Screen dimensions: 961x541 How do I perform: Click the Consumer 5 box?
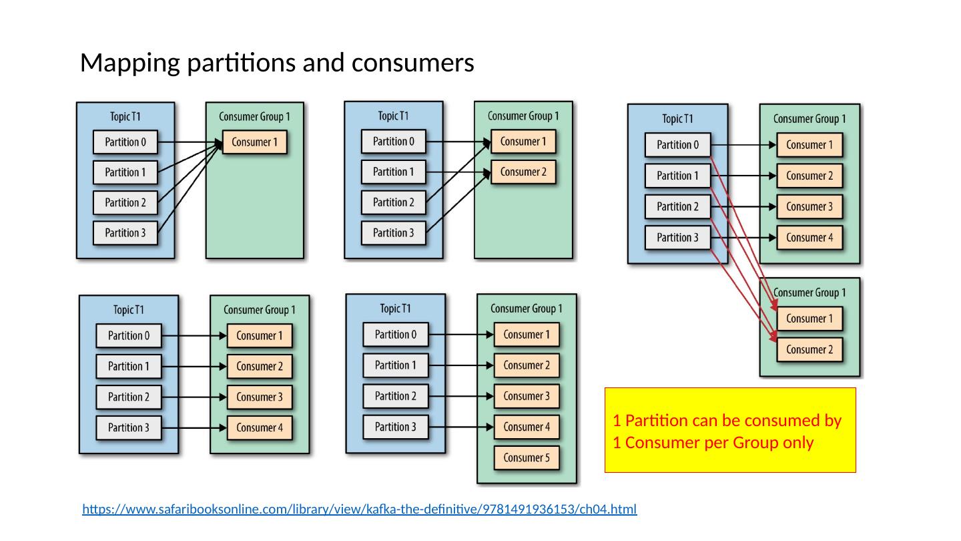(527, 458)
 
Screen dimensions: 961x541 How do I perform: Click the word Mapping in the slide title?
(130, 63)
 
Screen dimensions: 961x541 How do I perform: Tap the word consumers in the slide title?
(412, 63)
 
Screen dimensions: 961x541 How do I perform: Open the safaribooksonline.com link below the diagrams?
(360, 509)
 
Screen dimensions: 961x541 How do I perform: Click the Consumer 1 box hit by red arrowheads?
(810, 319)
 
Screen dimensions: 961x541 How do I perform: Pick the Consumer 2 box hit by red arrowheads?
(810, 349)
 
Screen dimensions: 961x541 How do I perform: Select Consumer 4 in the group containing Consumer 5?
(527, 427)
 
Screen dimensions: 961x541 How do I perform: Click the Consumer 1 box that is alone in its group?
(254, 142)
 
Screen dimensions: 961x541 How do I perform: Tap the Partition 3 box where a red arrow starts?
(677, 238)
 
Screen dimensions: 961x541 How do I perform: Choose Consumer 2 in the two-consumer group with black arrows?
(523, 172)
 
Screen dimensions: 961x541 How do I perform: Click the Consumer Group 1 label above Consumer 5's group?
(527, 309)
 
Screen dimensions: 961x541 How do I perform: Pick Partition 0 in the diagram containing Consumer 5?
(396, 335)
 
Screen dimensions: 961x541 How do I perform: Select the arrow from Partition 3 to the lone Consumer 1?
(190, 188)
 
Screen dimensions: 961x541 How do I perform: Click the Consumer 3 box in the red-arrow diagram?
(810, 206)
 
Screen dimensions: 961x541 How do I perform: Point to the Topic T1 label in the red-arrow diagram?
(677, 119)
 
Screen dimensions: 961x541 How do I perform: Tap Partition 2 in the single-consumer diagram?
(125, 202)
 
